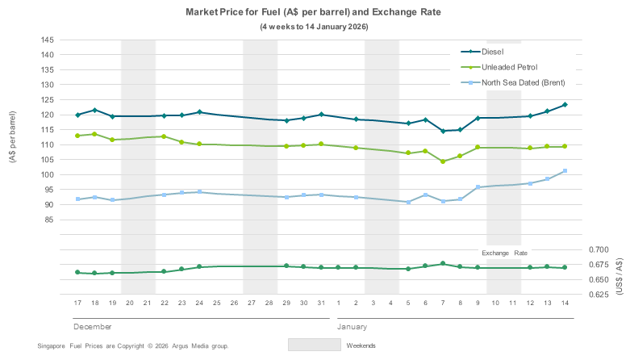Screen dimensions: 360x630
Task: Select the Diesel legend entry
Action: pos(504,52)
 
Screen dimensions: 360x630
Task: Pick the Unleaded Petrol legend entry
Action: pos(515,67)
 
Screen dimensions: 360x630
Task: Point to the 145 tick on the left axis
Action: pos(46,40)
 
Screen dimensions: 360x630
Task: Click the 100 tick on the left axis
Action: pos(46,175)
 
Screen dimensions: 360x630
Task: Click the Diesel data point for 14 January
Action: pos(565,105)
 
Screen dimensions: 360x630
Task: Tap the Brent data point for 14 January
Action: pos(565,171)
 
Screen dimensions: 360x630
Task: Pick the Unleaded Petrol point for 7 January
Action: pos(443,161)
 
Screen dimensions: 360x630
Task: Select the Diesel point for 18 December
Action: pos(95,110)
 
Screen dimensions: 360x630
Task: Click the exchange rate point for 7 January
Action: pos(443,263)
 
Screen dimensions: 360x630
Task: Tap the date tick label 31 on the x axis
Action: pos(321,303)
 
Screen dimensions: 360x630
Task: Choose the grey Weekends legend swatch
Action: pos(314,345)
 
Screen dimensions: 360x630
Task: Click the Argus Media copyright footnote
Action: pos(133,345)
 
